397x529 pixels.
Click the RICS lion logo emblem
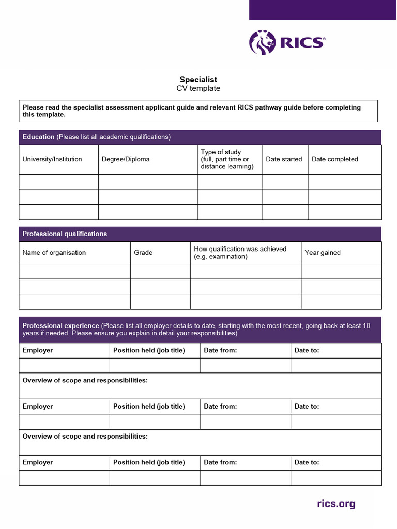coord(262,42)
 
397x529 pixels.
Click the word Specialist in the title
coord(198,80)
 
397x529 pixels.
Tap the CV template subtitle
coord(198,88)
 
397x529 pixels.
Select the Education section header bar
coord(200,137)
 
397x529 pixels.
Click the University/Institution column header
coord(52,159)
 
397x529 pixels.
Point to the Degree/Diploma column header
coord(126,159)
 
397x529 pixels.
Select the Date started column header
coord(284,159)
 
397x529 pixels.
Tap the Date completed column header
coord(334,159)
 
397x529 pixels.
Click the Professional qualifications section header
coord(65,234)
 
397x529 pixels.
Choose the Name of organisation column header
coord(54,253)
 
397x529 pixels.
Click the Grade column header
coord(143,253)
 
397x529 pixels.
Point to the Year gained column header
coord(323,253)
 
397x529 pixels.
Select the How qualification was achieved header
coord(240,253)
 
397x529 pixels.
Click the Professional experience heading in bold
coord(60,326)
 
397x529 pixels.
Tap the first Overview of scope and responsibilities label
coord(85,380)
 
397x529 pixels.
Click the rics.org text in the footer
coord(335,504)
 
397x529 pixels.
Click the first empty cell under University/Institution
coord(58,182)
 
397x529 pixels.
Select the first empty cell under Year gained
coord(341,272)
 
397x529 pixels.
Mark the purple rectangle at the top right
coord(323,10)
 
